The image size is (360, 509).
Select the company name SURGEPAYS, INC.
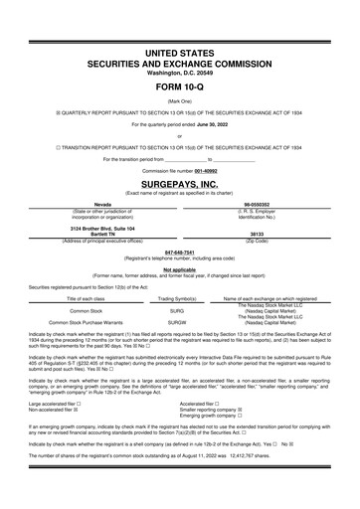(x=179, y=184)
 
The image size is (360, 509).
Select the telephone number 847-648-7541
(x=179, y=252)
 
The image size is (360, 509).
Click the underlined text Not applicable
(x=179, y=268)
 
